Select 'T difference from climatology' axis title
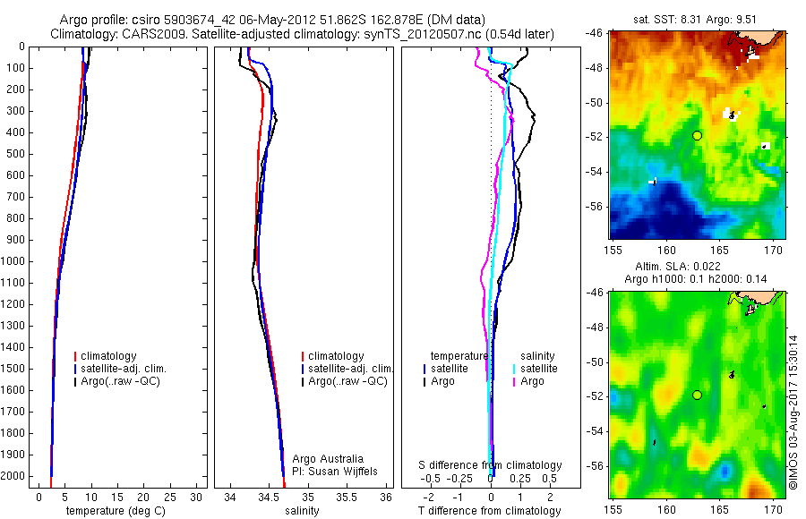coord(490,511)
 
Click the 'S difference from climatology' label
coord(491,465)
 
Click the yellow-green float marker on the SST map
coord(697,135)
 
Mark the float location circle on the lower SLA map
coord(697,395)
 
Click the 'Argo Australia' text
coord(328,459)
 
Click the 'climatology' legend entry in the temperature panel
coord(111,356)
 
